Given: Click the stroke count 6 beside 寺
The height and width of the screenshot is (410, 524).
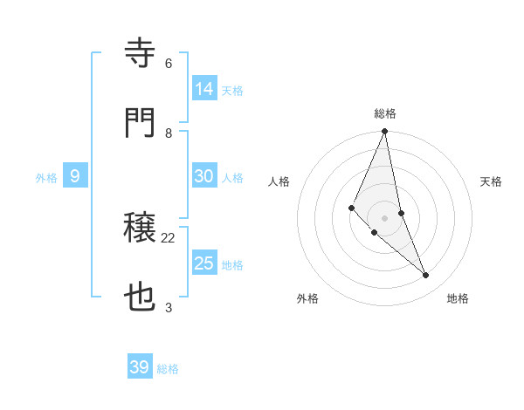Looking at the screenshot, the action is coord(169,64).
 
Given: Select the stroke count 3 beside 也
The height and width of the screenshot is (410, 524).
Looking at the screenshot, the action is coord(169,308).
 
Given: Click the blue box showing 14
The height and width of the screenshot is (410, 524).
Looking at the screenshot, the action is coord(204,89).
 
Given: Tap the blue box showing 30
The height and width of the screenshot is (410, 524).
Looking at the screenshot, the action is coord(204,176).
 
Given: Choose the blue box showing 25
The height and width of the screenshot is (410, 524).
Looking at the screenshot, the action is coord(204,263).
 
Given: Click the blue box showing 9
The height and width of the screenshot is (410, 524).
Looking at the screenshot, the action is coord(75,176).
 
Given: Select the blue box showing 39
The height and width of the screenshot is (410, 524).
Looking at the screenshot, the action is coord(140,367).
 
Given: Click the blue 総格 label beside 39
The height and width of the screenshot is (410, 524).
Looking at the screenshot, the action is coord(168,369).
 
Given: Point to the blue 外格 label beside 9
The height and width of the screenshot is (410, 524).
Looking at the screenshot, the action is coord(46,178).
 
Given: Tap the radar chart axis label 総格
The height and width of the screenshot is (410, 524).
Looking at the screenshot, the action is coord(385,113).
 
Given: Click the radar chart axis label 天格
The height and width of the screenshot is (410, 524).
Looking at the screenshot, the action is coord(492,181).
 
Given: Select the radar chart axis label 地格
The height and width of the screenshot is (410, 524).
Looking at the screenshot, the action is coord(458,298).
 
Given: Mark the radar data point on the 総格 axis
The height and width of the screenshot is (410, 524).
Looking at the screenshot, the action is coord(385,132).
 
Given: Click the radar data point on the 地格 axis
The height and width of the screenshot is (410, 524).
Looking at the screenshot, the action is coord(426,276).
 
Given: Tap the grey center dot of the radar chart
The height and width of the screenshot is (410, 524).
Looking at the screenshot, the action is coord(385,217).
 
